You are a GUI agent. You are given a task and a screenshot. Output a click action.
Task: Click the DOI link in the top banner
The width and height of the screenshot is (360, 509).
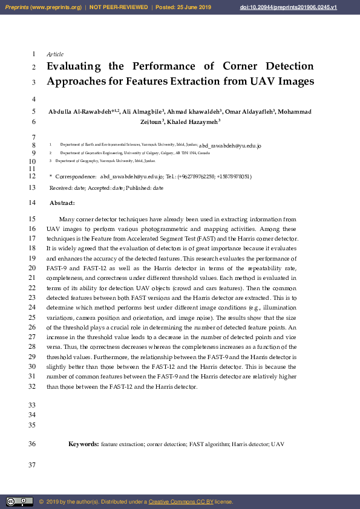[x=306, y=7]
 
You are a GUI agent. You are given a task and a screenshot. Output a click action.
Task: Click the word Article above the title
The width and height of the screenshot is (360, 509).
[x=55, y=54]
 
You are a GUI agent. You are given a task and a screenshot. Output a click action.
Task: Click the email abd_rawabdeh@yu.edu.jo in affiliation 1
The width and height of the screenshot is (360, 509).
[x=230, y=146]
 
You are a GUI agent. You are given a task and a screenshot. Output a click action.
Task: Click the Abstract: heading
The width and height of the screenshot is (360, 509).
[x=62, y=203]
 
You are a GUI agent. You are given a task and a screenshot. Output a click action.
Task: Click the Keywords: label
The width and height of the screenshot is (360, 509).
[x=83, y=444]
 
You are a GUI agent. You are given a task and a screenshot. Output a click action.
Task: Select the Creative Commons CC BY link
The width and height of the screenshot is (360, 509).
[x=180, y=502]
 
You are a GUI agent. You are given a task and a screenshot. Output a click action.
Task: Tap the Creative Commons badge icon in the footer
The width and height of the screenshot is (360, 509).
[x=19, y=502]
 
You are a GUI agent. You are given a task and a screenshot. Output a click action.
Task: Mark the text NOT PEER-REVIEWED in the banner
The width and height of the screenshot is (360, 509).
[x=119, y=7]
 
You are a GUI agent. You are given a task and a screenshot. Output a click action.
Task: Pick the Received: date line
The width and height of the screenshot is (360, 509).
[x=106, y=189]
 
